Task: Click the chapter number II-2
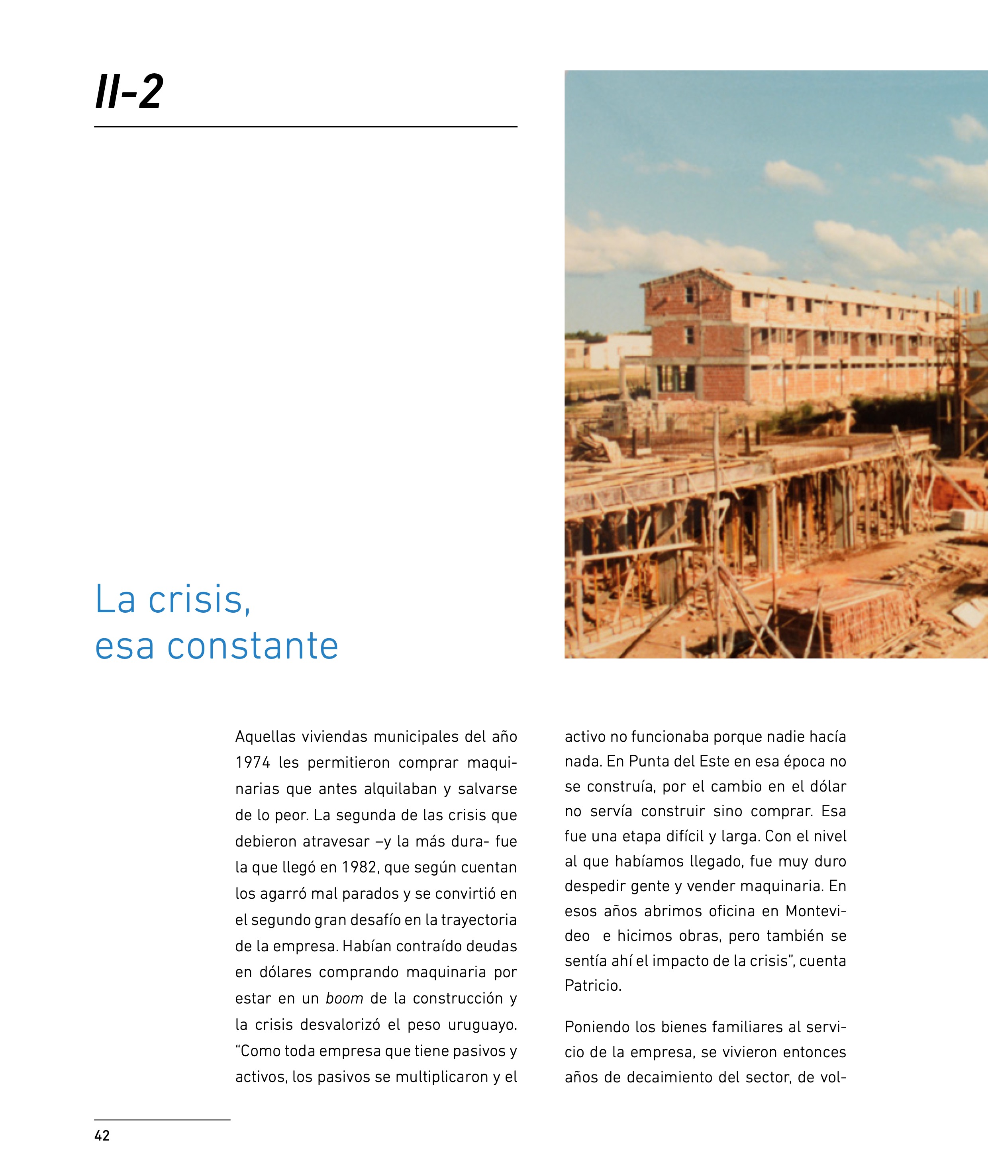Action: pos(129,91)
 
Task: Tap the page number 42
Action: pos(102,1135)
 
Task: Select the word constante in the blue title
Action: pos(253,646)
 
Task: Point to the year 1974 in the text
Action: pos(253,763)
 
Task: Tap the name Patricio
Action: pos(592,986)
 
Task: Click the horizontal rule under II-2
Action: pos(305,127)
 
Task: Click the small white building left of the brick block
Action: pos(616,350)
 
